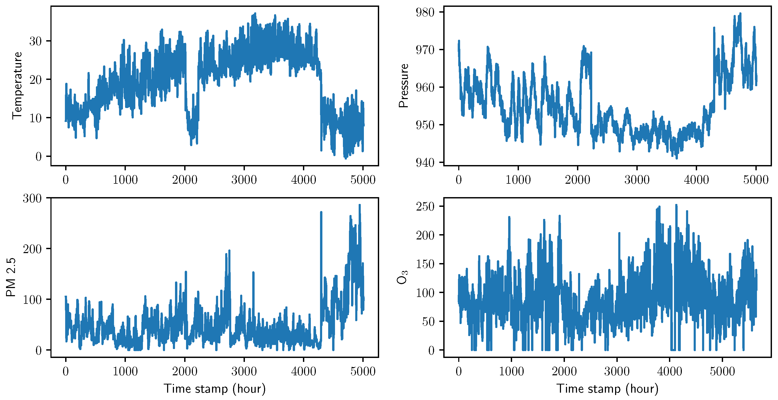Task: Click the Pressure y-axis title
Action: (x=404, y=85)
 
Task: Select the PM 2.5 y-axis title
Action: (x=11, y=277)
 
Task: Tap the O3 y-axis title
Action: (x=402, y=277)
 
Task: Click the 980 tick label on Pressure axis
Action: (x=425, y=12)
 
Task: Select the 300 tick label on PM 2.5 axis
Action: (x=32, y=198)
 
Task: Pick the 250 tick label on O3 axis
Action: (x=425, y=206)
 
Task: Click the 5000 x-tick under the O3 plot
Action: (x=722, y=371)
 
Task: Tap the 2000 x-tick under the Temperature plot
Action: (x=184, y=180)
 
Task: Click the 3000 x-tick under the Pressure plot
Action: (x=637, y=180)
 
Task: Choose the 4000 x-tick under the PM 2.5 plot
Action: (x=303, y=371)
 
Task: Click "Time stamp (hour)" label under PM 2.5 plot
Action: (x=215, y=389)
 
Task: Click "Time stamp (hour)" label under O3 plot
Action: (x=607, y=389)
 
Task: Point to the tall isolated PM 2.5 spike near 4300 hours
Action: (x=321, y=212)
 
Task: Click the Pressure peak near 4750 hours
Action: (x=740, y=14)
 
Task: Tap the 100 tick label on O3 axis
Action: (x=425, y=293)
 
